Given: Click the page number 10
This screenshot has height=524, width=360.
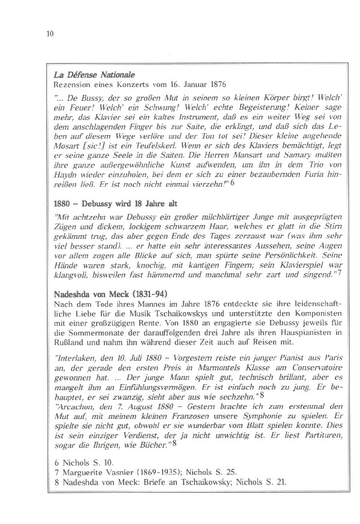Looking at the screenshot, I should click(50, 33).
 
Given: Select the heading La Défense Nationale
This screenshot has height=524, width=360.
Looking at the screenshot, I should click(94, 76).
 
